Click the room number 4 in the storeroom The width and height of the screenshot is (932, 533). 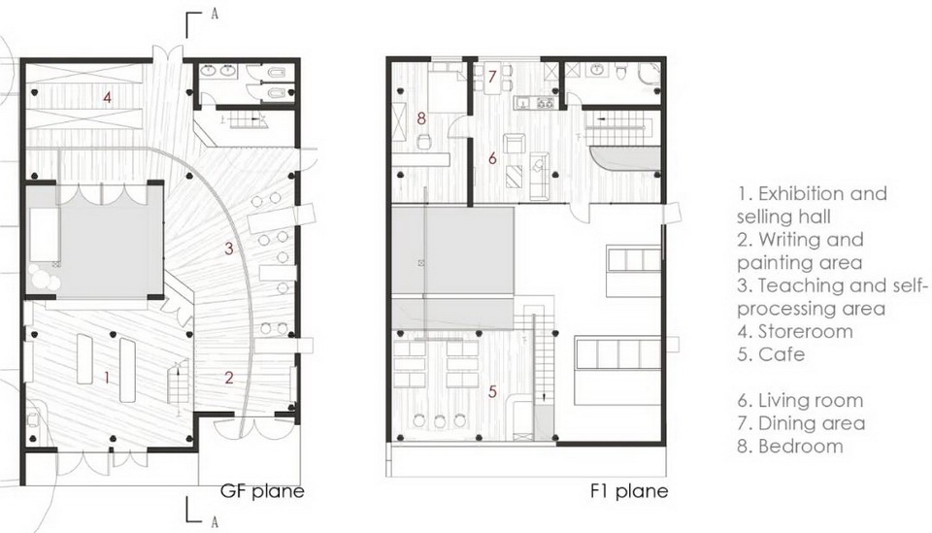107,96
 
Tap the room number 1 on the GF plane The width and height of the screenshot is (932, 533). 107,377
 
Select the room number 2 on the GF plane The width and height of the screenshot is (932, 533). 229,377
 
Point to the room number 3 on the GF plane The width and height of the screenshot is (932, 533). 229,248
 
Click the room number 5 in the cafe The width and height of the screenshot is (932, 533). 492,391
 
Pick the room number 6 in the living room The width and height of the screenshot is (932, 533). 492,158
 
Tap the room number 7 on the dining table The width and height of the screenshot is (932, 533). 492,76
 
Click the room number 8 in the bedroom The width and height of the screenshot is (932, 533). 421,118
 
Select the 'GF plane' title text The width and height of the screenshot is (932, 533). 262,491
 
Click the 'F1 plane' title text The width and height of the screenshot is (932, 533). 629,491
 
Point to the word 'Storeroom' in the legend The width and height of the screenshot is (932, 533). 806,332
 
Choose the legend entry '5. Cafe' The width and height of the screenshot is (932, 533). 771,354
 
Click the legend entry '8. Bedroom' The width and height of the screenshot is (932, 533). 790,447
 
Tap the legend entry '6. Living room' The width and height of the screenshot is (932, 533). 800,401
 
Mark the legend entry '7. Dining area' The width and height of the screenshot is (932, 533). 801,423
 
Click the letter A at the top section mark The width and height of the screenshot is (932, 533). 215,15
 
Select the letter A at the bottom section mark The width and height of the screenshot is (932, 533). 215,522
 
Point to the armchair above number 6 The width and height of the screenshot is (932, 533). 513,144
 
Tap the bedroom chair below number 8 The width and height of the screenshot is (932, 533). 424,142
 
